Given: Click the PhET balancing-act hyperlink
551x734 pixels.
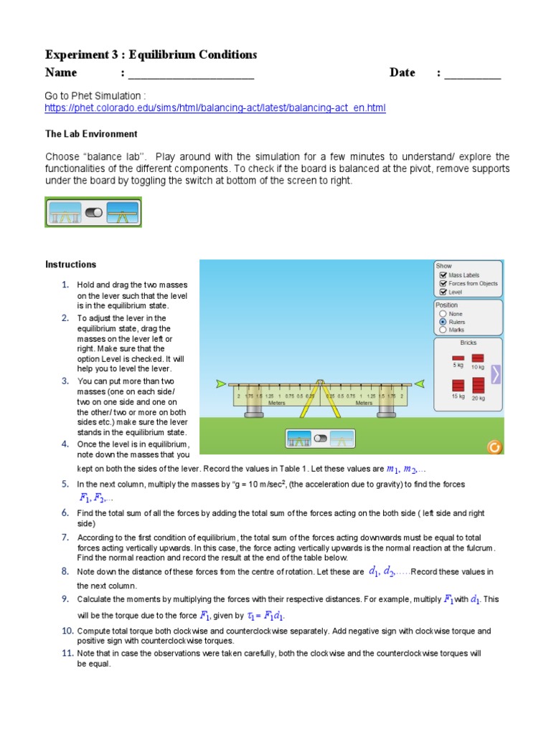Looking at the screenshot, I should click(215, 108).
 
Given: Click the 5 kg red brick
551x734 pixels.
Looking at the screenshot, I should click(458, 358).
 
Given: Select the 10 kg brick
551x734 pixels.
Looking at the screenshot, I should click(477, 358).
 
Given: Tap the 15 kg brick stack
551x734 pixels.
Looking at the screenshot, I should click(458, 385).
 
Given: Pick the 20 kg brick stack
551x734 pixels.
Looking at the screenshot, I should click(478, 384).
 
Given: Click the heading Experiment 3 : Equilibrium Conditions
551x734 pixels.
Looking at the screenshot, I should click(151, 54).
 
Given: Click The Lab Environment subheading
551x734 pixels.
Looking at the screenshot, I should click(91, 134).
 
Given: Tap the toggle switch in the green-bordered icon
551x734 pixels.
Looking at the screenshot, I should click(94, 213).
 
